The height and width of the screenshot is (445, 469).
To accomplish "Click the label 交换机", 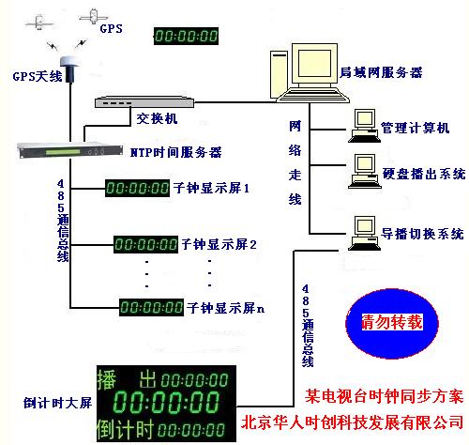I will point(154,119).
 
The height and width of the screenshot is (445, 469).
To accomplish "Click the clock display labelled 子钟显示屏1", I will point(140,188).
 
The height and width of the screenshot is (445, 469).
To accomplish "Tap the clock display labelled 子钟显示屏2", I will point(146,245).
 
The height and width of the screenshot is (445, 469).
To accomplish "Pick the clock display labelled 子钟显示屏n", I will point(151,306).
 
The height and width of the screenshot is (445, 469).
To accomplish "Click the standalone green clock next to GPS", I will point(186,37).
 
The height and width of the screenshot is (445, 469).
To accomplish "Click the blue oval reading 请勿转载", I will point(385,322).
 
